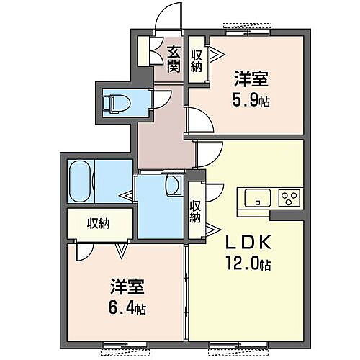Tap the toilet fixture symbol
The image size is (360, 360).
116,102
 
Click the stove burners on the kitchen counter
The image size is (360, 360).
290,198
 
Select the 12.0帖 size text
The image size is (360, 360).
248,264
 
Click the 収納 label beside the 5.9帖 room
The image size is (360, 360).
197,60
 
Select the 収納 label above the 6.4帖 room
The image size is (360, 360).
99,223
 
